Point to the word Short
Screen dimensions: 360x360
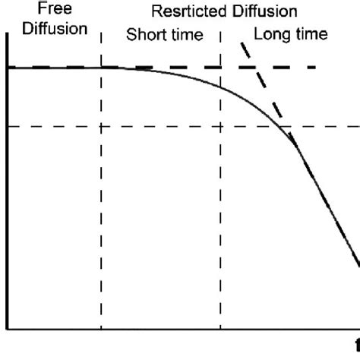(x=143, y=35)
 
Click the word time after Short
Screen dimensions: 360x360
(x=183, y=35)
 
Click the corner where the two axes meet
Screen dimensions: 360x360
(x=7, y=330)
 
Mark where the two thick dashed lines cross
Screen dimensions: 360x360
(x=257, y=68)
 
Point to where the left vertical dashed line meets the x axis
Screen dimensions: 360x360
(x=100, y=330)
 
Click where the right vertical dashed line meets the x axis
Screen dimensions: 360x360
(x=220, y=330)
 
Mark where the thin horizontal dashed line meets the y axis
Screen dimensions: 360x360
(x=7, y=126)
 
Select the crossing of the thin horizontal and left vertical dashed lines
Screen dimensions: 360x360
(x=100, y=126)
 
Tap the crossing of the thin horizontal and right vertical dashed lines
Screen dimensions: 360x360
(x=220, y=126)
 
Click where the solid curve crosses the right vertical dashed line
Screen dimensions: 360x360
(x=220, y=85)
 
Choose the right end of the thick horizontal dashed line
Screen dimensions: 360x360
(x=314, y=68)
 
